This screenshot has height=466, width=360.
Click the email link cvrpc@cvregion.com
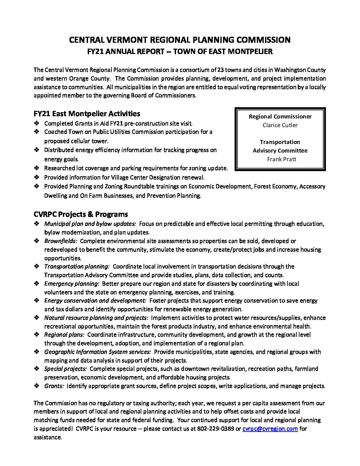(x=270, y=429)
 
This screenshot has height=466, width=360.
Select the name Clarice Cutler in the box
(x=280, y=125)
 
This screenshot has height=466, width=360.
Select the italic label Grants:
(x=54, y=386)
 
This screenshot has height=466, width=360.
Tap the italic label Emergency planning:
(x=72, y=284)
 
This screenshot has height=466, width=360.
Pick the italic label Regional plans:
(x=64, y=335)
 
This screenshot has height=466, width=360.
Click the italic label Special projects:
(x=66, y=369)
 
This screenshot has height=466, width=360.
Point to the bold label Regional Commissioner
(x=280, y=117)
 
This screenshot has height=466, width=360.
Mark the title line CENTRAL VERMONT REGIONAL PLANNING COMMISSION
(x=180, y=40)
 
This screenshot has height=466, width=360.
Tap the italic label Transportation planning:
(x=77, y=266)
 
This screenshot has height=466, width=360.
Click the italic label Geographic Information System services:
(x=98, y=352)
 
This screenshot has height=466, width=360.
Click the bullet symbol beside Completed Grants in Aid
(x=36, y=123)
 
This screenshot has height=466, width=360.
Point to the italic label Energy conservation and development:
(x=95, y=301)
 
